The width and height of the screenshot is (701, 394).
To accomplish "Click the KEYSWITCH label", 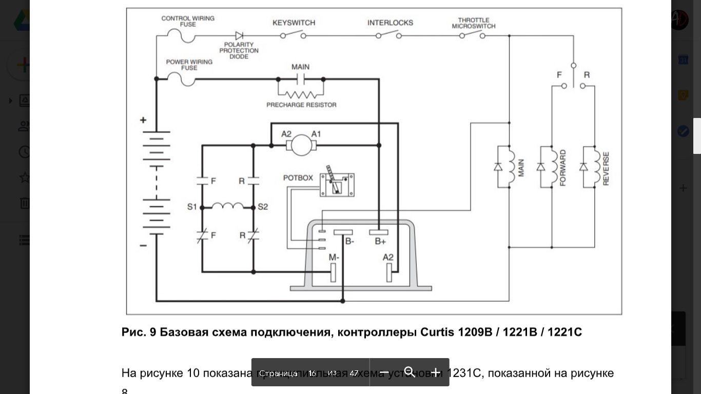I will tap(294, 23).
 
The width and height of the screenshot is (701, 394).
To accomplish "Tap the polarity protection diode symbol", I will tap(239, 35).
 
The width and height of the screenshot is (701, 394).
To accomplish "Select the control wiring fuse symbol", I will tap(182, 36).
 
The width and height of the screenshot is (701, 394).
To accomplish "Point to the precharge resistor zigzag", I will tap(301, 94).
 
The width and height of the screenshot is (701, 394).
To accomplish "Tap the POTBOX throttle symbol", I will tap(337, 184).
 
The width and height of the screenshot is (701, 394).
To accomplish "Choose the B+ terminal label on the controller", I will tap(380, 241).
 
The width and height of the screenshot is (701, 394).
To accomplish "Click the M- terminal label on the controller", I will tap(334, 257).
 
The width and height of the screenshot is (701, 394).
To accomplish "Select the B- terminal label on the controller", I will tap(349, 241).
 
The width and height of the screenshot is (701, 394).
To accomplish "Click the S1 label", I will tap(192, 207).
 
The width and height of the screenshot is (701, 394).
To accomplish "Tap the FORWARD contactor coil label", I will tap(563, 168).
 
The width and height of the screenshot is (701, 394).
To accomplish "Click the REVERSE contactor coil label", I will tap(606, 168).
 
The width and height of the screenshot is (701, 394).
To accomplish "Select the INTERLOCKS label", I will tap(390, 23).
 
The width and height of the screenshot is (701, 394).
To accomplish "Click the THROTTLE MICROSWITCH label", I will tap(474, 23).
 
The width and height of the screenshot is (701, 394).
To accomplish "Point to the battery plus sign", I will tap(143, 120).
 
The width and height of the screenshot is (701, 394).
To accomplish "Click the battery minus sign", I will tap(143, 246).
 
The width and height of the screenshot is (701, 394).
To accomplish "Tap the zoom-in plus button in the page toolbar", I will tap(435, 372).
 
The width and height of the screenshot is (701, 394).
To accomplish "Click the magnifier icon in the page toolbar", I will tap(410, 372).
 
